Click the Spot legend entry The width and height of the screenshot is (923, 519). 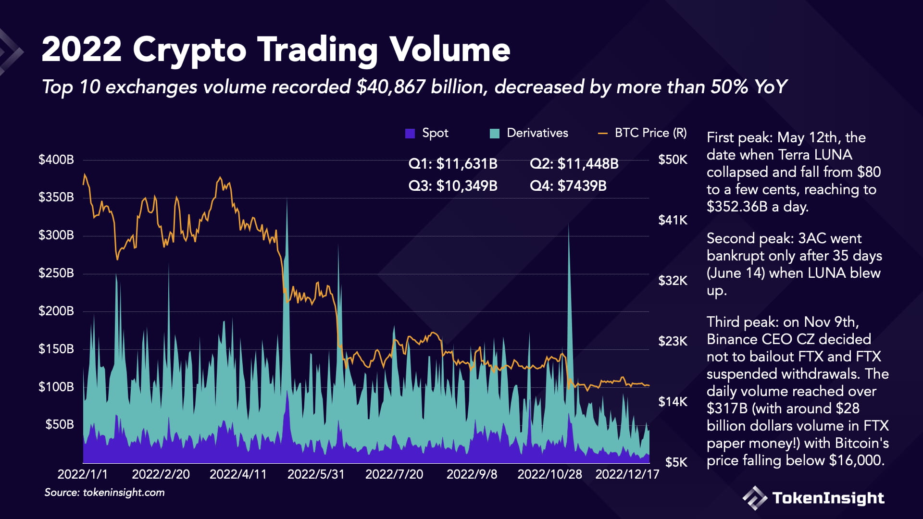tap(427, 133)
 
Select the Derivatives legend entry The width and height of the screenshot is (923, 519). tap(529, 133)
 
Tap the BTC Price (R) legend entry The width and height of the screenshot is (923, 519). tap(643, 133)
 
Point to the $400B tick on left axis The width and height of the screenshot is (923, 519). tap(56, 160)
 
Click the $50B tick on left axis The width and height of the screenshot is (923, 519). tap(60, 424)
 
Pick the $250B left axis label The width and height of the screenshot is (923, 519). tap(56, 273)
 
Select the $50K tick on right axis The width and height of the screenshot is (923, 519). tap(673, 160)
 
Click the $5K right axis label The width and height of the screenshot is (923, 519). tap(676, 462)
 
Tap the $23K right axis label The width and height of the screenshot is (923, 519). tap(673, 341)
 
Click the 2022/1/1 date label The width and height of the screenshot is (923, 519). tap(83, 474)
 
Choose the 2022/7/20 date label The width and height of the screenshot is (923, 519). tap(394, 474)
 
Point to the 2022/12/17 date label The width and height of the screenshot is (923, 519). tap(627, 474)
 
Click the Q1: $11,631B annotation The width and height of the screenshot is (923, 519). tap(453, 164)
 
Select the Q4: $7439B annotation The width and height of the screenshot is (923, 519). tap(568, 186)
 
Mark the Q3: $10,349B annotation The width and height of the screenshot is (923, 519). tap(453, 186)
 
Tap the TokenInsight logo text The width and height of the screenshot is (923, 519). tap(828, 498)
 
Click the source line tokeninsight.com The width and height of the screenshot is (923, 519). tap(124, 493)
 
